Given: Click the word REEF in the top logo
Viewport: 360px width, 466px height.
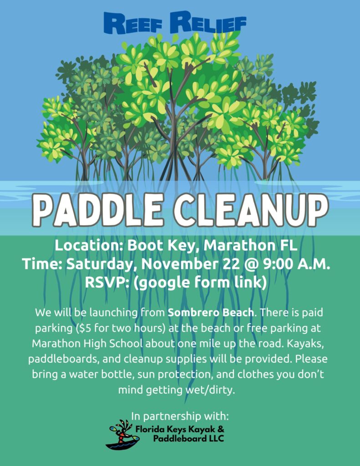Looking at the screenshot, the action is click(133, 24).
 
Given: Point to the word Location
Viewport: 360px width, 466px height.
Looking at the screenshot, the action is click(89, 245).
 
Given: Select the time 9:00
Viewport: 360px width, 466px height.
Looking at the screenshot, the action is click(278, 264).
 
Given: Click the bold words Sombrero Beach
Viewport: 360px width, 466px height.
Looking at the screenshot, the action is click(211, 313).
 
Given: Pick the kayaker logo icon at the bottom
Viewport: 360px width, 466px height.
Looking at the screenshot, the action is click(122, 434).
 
